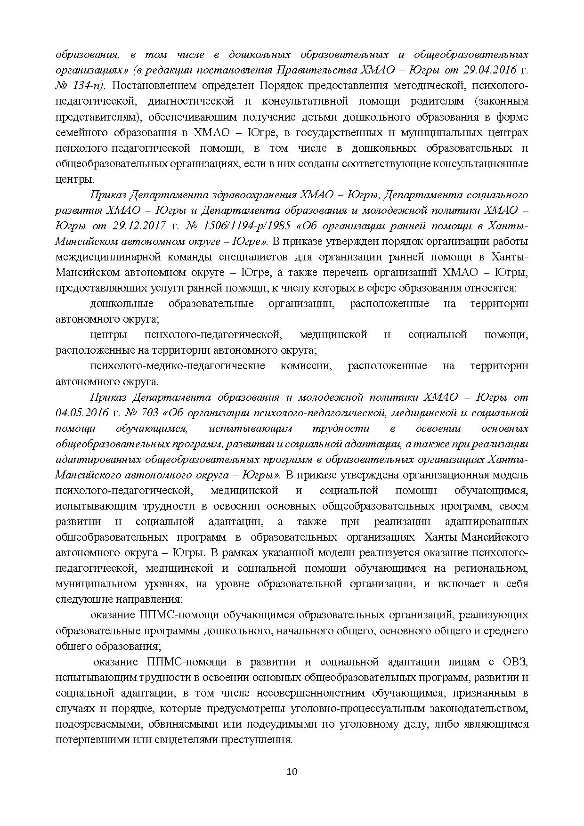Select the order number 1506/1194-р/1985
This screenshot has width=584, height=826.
pos(245,226)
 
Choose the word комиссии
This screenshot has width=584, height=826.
pos(306,366)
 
